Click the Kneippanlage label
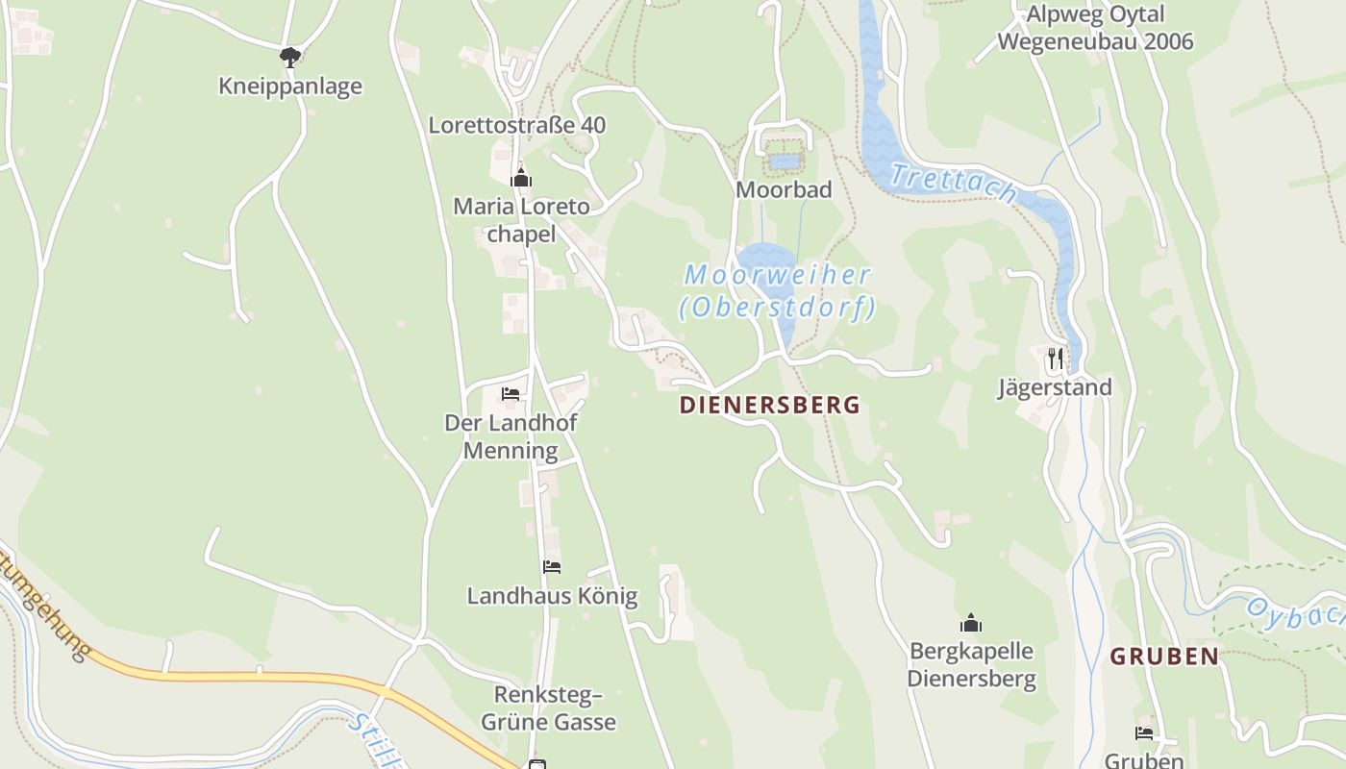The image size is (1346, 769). pos(290,87)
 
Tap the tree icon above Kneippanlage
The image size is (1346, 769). pos(290,58)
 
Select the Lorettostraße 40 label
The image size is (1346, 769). pos(516,125)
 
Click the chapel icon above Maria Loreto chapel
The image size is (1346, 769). pos(521,178)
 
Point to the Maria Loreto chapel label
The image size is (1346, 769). pos(521,220)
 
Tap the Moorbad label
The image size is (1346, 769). pos(784,189)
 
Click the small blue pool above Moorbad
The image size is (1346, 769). pos(785,161)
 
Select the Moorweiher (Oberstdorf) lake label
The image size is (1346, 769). pos(777,291)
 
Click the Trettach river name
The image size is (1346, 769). pos(953,183)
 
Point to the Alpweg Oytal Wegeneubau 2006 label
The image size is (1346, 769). pos(1095,28)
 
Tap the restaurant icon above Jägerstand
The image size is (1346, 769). pos(1056,359)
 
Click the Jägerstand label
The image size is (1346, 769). pos(1055,387)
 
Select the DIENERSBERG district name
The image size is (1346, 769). pos(769,405)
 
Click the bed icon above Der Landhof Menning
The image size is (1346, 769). pos(511,394)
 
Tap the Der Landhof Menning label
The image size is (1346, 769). pos(511,436)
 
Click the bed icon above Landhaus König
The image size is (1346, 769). pos(551,567)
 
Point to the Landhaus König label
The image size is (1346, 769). pos(552,596)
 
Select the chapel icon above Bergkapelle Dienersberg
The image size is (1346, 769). pos(971,623)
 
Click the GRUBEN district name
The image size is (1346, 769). pos(1164,657)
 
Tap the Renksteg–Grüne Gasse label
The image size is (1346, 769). pos(555,707)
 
